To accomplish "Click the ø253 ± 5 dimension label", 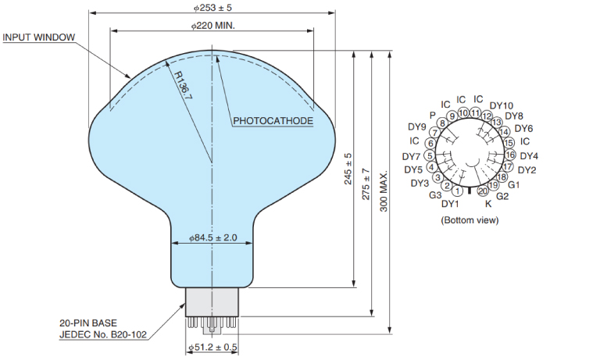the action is pyautogui.click(x=212, y=7).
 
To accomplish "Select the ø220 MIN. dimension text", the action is pyautogui.click(x=212, y=26).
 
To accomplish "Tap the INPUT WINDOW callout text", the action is pyautogui.click(x=39, y=37).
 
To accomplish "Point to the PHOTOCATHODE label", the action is pyautogui.click(x=273, y=121).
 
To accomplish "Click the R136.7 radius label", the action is pyautogui.click(x=183, y=85).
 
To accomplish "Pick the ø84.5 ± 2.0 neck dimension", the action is pyautogui.click(x=212, y=237).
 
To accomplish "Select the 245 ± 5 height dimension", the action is pyautogui.click(x=348, y=169).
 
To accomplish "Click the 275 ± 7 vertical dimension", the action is pyautogui.click(x=366, y=184).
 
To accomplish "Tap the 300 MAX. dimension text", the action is pyautogui.click(x=384, y=191).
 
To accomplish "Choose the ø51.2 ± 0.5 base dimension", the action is pyautogui.click(x=212, y=348).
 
